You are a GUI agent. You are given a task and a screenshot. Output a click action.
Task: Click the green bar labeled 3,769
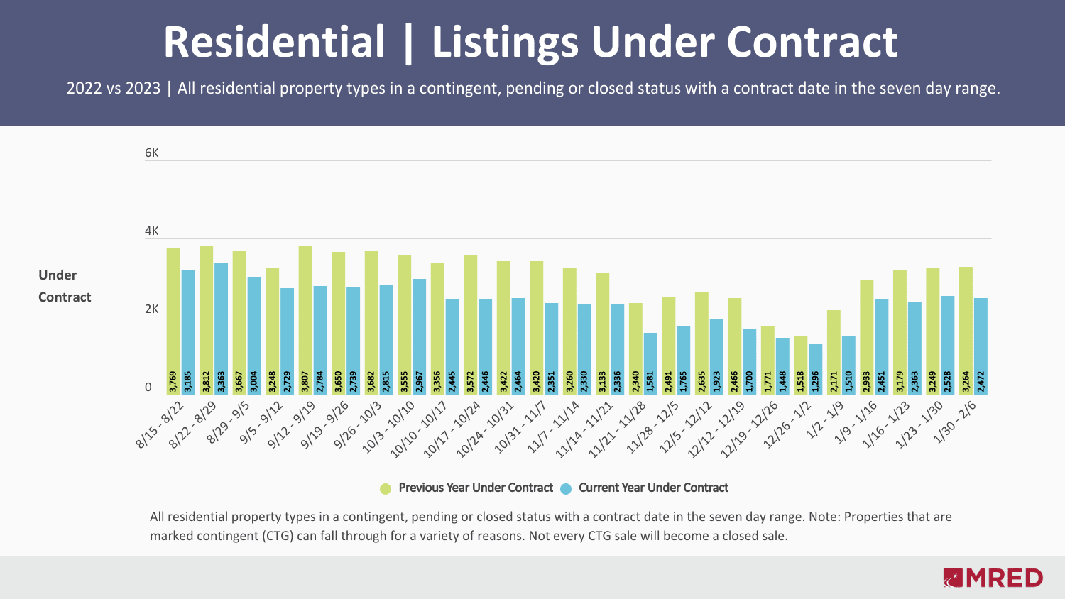(x=173, y=319)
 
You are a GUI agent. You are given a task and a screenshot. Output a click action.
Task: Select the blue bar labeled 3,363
(x=222, y=326)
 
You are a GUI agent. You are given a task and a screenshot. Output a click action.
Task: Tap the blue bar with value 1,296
(x=815, y=369)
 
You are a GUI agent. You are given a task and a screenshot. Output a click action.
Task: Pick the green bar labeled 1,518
(x=800, y=365)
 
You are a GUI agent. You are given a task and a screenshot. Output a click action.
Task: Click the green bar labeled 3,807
(x=305, y=319)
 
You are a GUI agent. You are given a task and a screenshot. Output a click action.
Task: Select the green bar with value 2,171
(x=834, y=351)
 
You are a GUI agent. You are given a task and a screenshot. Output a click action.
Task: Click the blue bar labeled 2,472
(x=981, y=346)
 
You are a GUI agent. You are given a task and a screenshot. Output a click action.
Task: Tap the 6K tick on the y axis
(x=152, y=153)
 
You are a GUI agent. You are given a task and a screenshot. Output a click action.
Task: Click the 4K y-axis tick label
(x=152, y=231)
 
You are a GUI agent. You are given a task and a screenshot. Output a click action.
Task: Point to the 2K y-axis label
(x=152, y=309)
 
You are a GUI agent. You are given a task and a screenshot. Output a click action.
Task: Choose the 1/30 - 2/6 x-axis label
(x=954, y=422)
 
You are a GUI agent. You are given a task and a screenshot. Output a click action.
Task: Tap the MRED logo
(x=993, y=578)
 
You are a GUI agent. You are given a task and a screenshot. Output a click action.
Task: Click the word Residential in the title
(x=274, y=42)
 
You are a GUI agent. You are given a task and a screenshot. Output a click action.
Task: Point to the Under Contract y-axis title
(x=65, y=286)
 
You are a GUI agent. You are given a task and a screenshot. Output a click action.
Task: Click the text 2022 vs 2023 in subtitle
(x=114, y=89)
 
